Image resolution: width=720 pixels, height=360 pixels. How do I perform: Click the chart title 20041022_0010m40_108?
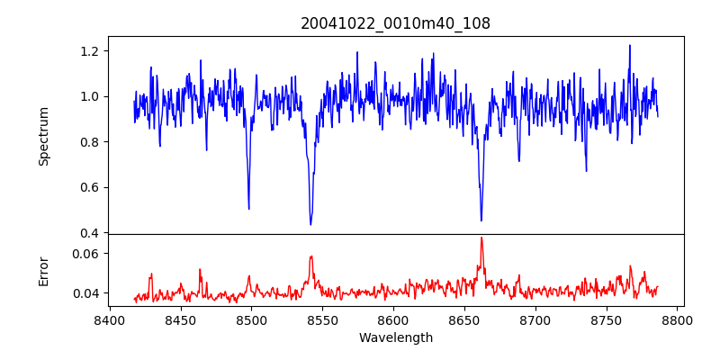pyautogui.click(x=396, y=23)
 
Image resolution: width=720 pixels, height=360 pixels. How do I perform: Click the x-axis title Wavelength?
pyautogui.click(x=396, y=338)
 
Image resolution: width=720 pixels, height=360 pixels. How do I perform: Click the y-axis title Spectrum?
pyautogui.click(x=43, y=136)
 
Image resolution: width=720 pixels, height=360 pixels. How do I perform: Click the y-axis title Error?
pyautogui.click(x=43, y=270)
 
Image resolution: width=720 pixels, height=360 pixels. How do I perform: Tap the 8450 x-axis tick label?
pyautogui.click(x=181, y=319)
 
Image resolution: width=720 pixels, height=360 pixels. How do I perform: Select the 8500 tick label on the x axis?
pyautogui.click(x=251, y=319)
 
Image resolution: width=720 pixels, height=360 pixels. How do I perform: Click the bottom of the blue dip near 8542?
pyautogui.click(x=310, y=224)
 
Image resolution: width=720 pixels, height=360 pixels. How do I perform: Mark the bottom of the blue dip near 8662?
pyautogui.click(x=481, y=220)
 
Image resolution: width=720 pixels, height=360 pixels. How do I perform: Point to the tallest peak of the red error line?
pyautogui.click(x=481, y=238)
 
